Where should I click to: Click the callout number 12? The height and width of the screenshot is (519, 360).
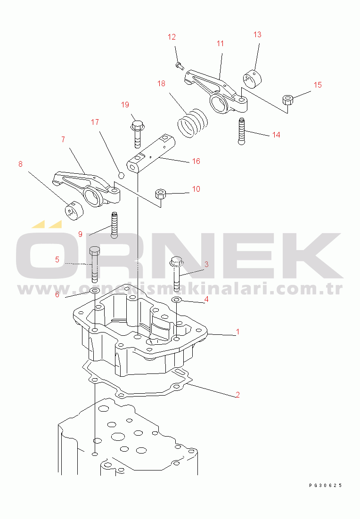[172, 37]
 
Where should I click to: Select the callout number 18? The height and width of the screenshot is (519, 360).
[161, 83]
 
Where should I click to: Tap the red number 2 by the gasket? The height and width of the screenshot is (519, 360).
[237, 395]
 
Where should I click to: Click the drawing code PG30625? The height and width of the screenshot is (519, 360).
[325, 485]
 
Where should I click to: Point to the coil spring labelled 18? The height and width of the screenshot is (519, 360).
[193, 123]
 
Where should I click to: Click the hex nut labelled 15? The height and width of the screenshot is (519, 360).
[287, 100]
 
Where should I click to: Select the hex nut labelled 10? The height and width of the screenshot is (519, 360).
[161, 194]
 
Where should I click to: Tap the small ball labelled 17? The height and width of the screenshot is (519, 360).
[121, 174]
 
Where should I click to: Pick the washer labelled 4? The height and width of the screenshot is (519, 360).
[176, 300]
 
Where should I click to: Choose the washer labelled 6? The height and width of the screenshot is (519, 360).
[95, 291]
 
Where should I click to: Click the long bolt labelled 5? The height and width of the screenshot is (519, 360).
[94, 264]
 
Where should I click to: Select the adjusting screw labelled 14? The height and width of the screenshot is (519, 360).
[242, 131]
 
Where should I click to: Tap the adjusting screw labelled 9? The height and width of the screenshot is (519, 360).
[114, 226]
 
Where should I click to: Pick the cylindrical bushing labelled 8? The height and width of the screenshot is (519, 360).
[73, 211]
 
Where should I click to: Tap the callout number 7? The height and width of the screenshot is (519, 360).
[63, 140]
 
